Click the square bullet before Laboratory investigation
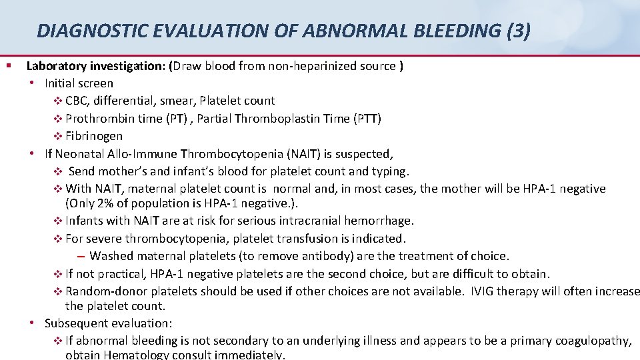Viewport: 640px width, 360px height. pyautogui.click(x=8, y=65)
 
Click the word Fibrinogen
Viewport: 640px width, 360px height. pyautogui.click(x=94, y=135)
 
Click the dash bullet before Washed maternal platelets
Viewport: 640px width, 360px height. pyautogui.click(x=80, y=256)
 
